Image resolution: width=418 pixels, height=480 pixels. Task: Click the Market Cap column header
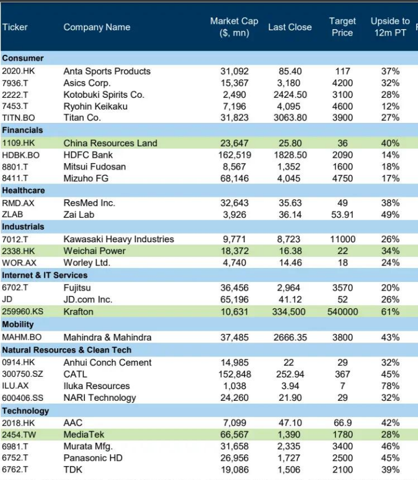coord(234,27)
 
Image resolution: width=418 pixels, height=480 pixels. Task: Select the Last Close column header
coord(289,27)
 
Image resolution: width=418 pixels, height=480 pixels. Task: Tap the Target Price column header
coord(342,27)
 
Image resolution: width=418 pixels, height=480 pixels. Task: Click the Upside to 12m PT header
coord(390,27)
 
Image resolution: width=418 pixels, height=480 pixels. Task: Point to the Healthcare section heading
coord(23,190)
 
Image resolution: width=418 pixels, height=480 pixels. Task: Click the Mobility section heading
coord(18,324)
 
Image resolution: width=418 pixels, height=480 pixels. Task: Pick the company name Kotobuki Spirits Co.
coord(104,94)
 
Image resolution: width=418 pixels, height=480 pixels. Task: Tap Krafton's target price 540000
coord(342,312)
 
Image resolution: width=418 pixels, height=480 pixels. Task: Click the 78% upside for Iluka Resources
coord(390,386)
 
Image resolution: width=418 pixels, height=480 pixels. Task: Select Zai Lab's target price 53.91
coord(342,214)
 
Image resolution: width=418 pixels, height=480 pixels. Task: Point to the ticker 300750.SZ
coord(23,374)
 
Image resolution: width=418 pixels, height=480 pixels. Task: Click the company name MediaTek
coord(84,435)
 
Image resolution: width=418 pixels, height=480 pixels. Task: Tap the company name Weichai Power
coord(94,251)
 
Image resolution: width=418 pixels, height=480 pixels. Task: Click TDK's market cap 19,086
coord(234,470)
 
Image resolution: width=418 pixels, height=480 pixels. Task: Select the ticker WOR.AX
coord(19,263)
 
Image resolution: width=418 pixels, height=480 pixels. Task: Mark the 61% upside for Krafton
coord(390,312)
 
